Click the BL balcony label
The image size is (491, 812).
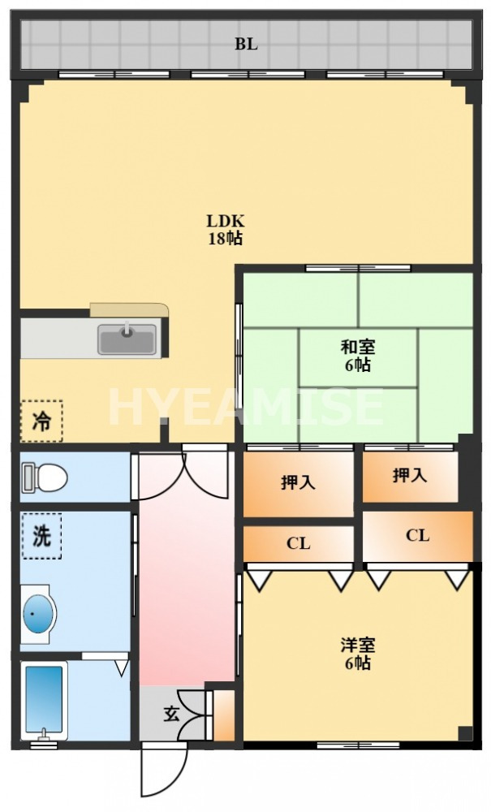[247, 45]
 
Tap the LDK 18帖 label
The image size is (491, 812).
[225, 229]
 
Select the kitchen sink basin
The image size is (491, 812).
[127, 339]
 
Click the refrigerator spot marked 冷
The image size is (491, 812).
[41, 421]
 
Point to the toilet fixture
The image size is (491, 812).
[45, 477]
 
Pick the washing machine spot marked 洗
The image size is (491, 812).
[41, 536]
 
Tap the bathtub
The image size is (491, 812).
[45, 700]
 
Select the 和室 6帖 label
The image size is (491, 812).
[357, 356]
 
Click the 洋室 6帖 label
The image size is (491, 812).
[357, 654]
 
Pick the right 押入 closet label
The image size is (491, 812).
[410, 475]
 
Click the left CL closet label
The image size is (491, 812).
[298, 543]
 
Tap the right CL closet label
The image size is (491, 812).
[417, 535]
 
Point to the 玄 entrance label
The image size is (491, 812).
[172, 714]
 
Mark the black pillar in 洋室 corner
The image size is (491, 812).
[464, 732]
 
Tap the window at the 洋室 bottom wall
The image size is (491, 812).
[357, 745]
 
